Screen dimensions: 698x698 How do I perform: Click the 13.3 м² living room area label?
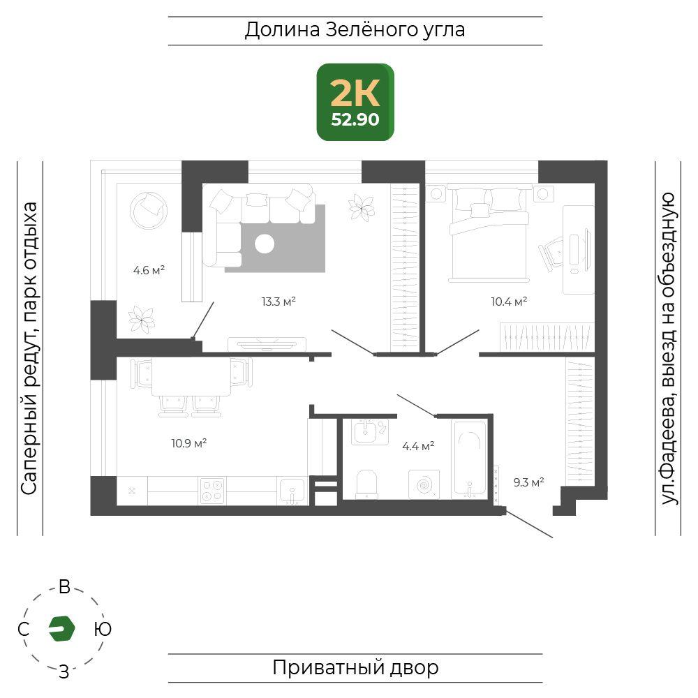(x=279, y=302)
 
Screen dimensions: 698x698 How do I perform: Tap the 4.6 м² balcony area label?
(x=149, y=270)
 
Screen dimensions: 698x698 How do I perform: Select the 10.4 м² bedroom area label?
(x=509, y=302)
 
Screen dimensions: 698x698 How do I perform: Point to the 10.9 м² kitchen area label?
(x=188, y=443)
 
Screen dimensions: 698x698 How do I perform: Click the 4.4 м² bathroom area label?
(x=418, y=446)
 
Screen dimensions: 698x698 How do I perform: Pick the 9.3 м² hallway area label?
(x=528, y=482)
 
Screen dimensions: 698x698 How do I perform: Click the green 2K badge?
(x=355, y=103)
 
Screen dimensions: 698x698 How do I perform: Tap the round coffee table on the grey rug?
(x=265, y=244)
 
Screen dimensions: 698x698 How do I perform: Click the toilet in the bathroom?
(x=367, y=484)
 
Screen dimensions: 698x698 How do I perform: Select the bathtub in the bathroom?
(x=469, y=459)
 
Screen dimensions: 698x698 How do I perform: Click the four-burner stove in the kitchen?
(x=212, y=491)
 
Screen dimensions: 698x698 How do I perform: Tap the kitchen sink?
(x=292, y=491)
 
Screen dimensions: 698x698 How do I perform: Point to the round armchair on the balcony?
(x=149, y=211)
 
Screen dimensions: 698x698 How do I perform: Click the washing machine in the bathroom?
(x=424, y=484)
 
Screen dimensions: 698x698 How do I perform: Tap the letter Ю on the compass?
(x=103, y=629)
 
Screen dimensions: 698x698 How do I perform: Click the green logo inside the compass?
(x=62, y=629)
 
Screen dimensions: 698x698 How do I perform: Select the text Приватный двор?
(x=355, y=668)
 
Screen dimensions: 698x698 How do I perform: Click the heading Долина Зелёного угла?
(x=355, y=30)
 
